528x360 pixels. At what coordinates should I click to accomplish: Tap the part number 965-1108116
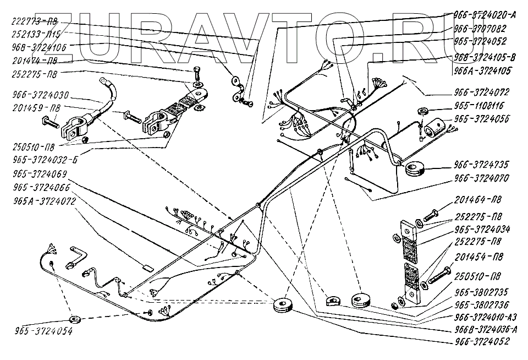[480, 105]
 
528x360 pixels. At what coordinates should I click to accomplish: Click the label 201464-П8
[478, 200]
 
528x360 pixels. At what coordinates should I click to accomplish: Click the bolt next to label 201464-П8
[431, 212]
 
